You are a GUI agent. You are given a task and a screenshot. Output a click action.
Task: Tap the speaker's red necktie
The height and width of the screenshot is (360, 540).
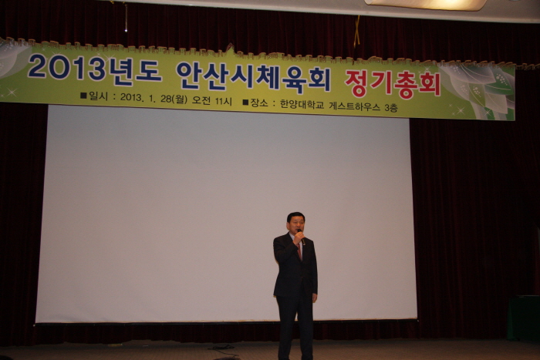coord(299,252)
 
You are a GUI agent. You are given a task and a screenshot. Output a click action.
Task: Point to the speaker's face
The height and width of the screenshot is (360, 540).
coord(295,226)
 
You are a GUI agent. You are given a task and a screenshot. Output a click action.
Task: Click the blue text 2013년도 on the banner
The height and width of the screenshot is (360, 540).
coord(94,69)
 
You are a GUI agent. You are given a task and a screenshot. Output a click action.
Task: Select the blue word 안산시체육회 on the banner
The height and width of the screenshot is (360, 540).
coord(254,78)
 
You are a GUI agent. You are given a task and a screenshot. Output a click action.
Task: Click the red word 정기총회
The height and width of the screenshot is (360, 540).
coord(393,84)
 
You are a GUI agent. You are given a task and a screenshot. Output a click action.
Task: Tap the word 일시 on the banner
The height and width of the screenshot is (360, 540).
coord(98,96)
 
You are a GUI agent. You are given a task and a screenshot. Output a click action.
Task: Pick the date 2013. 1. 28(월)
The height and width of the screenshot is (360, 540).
coord(154,99)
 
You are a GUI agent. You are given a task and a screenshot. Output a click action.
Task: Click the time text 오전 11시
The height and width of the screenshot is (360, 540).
coord(212,100)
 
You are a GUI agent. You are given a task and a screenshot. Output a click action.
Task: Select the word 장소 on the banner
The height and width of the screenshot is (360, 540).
coord(259,103)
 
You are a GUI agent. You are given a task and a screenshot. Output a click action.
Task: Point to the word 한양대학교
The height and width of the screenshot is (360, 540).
coord(302,104)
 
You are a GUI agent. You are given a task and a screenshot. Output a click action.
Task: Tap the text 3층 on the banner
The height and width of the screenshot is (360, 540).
coord(391,108)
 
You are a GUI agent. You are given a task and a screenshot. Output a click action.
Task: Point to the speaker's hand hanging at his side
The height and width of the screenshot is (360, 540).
coord(315,298)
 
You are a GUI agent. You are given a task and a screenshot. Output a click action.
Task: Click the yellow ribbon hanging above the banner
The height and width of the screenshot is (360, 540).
coord(356,32)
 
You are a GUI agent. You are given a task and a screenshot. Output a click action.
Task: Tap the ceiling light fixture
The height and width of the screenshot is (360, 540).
coord(426,5)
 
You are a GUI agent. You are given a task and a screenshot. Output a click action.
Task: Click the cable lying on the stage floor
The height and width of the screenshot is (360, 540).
coord(223,349)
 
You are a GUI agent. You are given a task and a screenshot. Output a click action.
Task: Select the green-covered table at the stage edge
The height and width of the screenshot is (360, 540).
coord(524,318)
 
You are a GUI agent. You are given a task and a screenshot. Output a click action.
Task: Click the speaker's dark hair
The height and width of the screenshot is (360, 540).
coord(295,217)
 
